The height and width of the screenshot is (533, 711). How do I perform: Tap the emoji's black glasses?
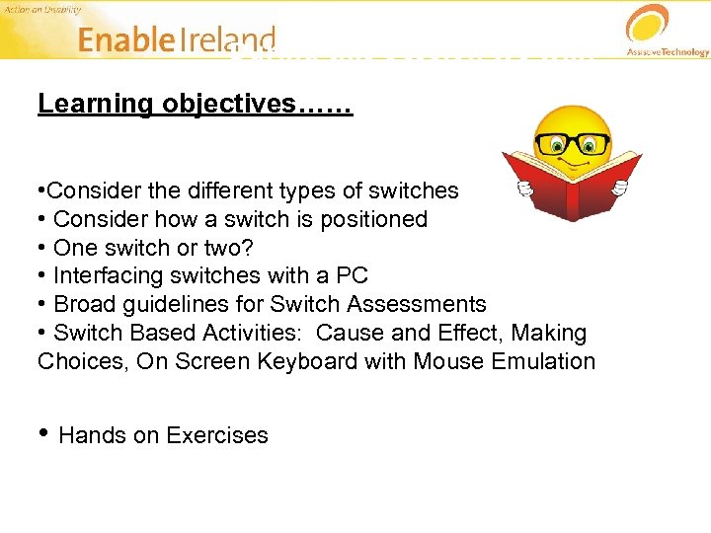pyautogui.click(x=571, y=143)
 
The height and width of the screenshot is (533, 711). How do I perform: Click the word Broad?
pyautogui.click(x=83, y=305)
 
